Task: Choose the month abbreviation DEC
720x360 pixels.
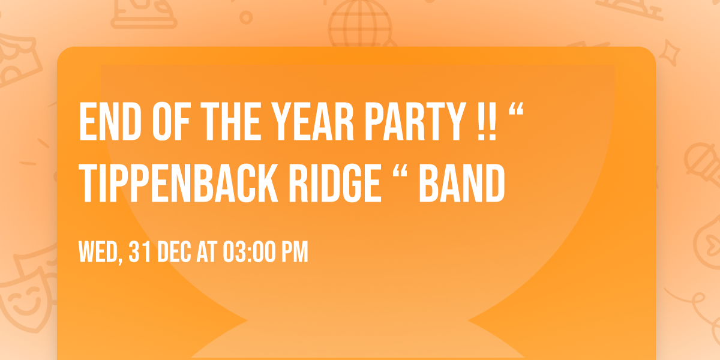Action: coord(175,253)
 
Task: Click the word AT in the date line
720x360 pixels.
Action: coord(207,253)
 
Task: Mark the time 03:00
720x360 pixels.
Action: coord(249,253)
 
